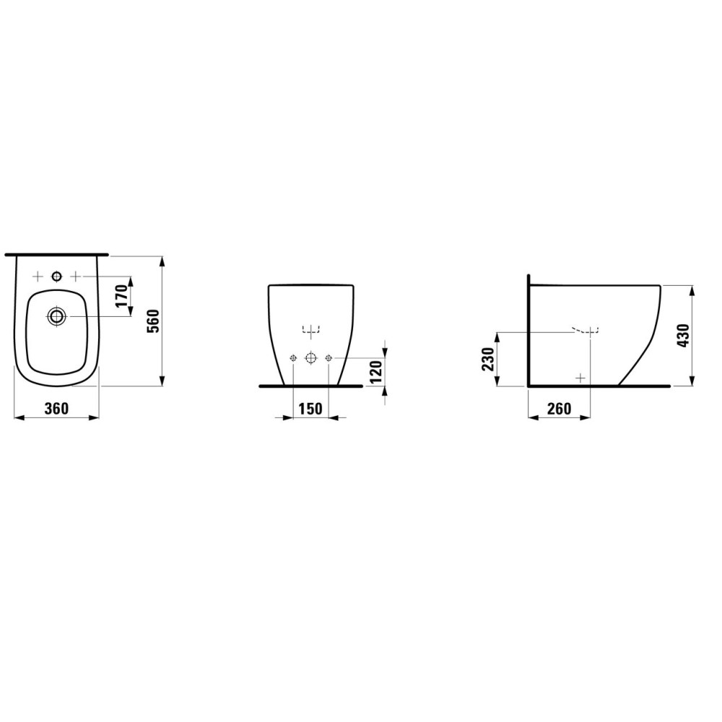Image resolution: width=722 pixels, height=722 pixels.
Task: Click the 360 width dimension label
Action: pos(57,409)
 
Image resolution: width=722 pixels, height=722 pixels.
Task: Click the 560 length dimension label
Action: pos(152,321)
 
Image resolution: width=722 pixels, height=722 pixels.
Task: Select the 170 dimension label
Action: pos(121,296)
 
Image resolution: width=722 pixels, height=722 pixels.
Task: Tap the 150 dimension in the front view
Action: pos(310,409)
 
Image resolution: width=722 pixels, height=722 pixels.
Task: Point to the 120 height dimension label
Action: pos(376,372)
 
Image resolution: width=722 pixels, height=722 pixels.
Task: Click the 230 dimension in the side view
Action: pos(487,359)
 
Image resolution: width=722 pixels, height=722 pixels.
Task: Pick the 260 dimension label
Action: pos(560,409)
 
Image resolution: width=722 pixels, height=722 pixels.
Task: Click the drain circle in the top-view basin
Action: pos(57,316)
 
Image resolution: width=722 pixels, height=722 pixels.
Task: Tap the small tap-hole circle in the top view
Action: pos(56,277)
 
